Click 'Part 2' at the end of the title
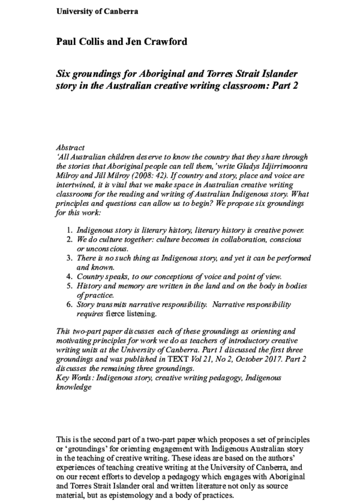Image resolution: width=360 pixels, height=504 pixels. [x=282, y=86]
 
